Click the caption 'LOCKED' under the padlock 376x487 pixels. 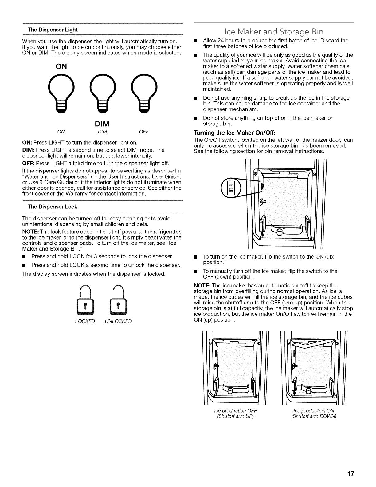(85, 321)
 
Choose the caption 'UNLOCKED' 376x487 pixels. (118, 321)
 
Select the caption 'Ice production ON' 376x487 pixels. (314, 411)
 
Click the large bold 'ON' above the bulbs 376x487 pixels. (61, 66)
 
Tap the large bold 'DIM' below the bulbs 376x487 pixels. (103, 124)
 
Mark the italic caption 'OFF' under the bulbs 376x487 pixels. (144, 132)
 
